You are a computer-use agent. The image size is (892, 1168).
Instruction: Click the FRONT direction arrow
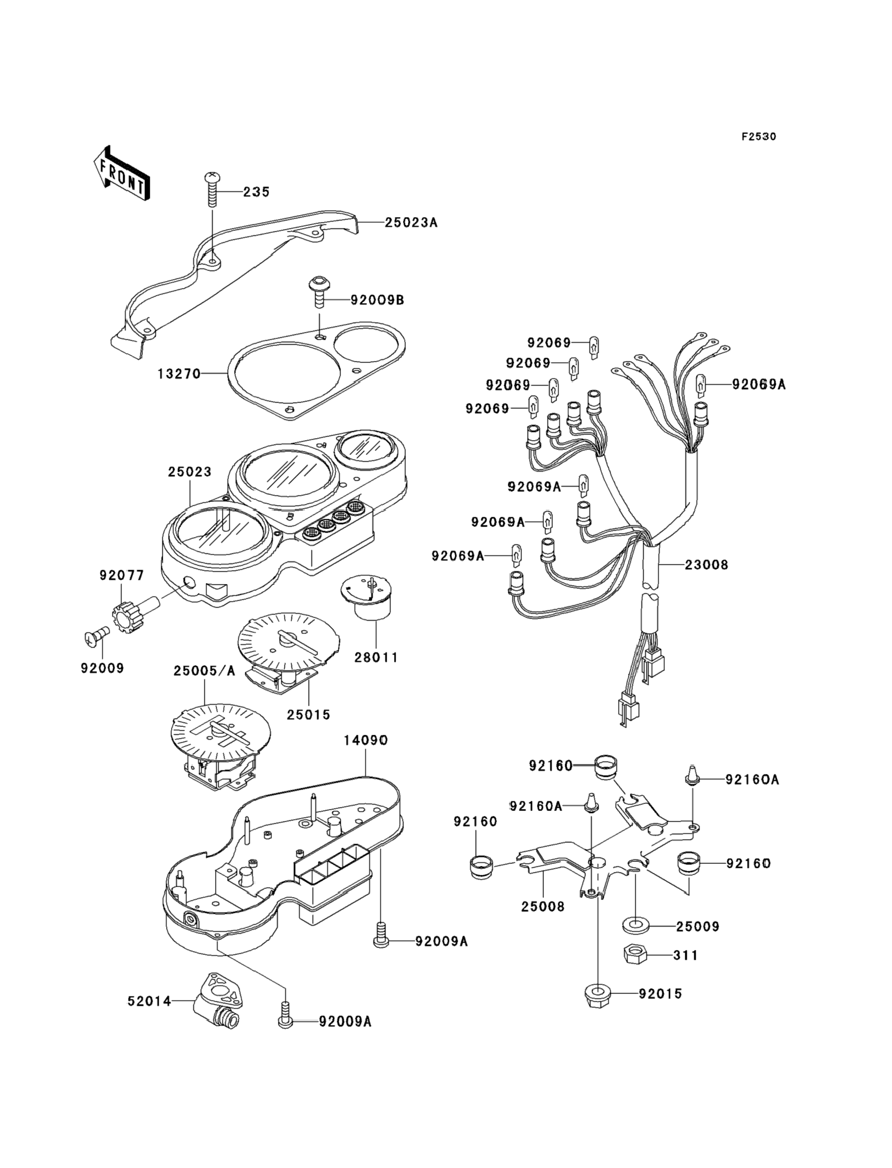(x=121, y=174)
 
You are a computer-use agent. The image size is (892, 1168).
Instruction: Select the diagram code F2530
(x=758, y=136)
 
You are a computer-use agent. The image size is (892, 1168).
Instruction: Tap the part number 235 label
(x=257, y=192)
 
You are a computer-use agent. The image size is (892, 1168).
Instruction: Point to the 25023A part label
(x=411, y=223)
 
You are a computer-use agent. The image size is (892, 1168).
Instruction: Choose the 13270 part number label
(x=179, y=374)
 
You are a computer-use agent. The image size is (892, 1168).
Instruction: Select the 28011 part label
(x=376, y=657)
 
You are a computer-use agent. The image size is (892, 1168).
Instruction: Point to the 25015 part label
(x=309, y=715)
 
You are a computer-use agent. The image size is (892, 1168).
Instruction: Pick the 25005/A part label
(x=204, y=671)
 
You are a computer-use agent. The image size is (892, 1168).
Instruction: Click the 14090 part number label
(x=365, y=740)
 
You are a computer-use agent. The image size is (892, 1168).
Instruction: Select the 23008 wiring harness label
(x=706, y=565)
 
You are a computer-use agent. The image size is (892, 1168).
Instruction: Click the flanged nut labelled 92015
(x=597, y=994)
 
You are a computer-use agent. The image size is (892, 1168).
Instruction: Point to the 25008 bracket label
(x=542, y=906)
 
